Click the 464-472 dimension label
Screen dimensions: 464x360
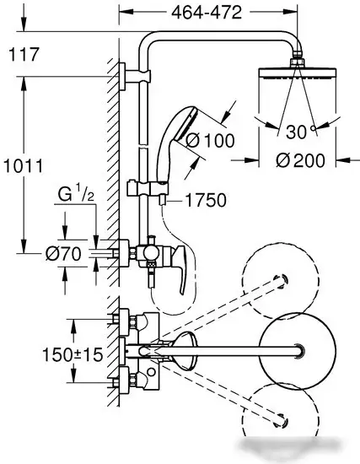coord(207,13)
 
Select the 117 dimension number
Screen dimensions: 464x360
coord(23,57)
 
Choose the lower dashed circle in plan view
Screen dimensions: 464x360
coord(287,418)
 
